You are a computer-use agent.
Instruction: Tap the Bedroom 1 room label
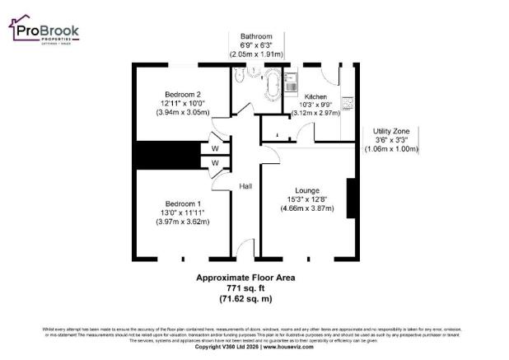(183, 203)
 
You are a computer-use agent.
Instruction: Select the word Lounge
(307, 190)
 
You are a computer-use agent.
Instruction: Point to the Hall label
(245, 187)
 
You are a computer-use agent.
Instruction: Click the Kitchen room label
(315, 96)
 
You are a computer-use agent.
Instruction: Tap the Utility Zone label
(392, 131)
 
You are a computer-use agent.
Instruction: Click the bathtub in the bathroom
(271, 85)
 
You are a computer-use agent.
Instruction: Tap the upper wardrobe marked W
(214, 148)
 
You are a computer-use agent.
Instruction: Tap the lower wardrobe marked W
(214, 163)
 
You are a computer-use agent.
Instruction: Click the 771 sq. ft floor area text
(245, 289)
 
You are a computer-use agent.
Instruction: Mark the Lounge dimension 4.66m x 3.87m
(307, 208)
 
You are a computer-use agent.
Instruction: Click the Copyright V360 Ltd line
(254, 347)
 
